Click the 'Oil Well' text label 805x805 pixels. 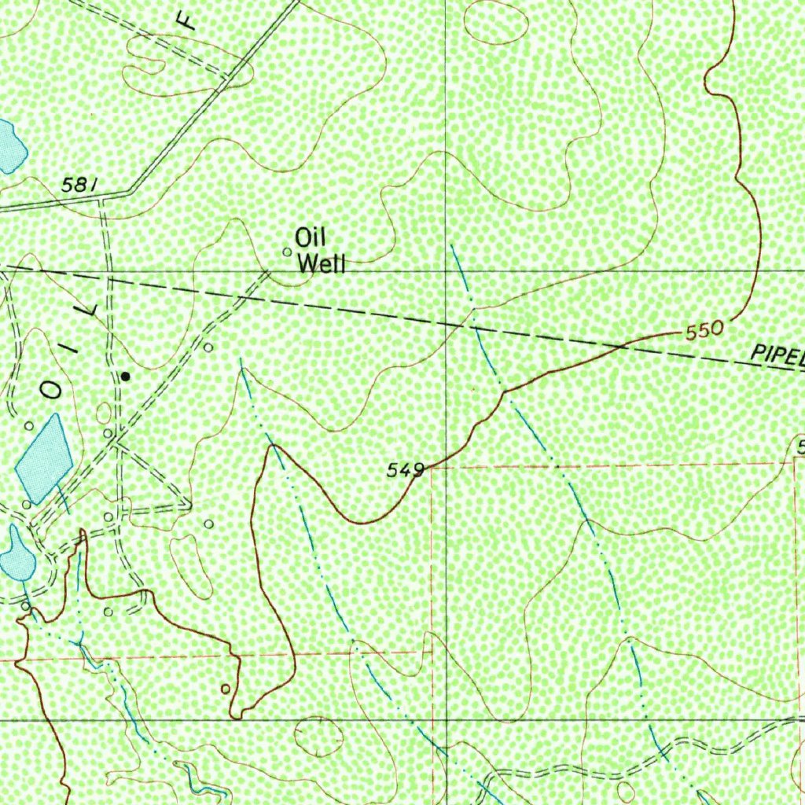point(320,251)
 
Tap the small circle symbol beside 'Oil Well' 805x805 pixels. point(287,252)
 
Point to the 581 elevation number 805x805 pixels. point(79,186)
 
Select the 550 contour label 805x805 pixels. point(704,331)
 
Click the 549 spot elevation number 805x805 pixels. point(406,470)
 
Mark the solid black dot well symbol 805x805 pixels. point(125,377)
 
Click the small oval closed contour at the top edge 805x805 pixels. point(495,21)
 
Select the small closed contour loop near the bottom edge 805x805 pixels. point(318,737)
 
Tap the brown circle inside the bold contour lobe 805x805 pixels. point(226,689)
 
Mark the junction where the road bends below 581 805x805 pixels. point(130,191)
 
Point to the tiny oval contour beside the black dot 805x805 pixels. point(104,413)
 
